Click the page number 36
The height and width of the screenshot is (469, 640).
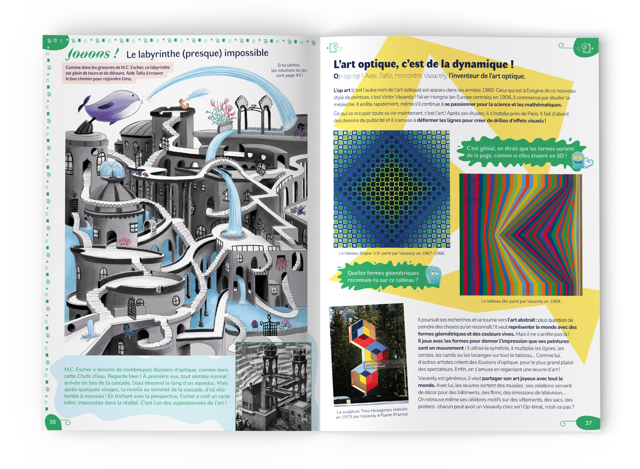53,422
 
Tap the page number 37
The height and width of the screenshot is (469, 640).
588,423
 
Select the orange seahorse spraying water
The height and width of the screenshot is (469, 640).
184,104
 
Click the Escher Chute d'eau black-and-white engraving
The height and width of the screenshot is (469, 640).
274,386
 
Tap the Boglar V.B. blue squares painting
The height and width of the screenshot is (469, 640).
392,189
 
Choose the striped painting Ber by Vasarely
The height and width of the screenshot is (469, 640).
521,235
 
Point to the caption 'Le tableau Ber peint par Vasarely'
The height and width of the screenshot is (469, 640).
521,301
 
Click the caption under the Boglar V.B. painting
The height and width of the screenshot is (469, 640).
392,253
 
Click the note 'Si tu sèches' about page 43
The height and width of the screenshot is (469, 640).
289,70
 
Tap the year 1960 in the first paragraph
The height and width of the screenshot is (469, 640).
488,90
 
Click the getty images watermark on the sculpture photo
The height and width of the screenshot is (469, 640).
373,363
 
